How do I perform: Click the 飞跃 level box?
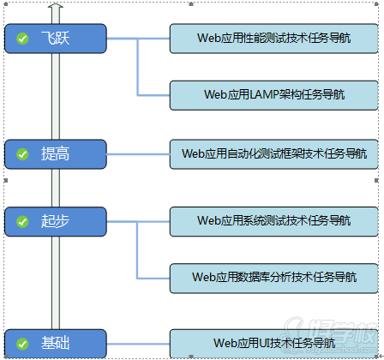click(56, 38)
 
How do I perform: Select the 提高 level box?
click(56, 154)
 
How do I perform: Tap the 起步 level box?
click(56, 221)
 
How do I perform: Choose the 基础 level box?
click(56, 343)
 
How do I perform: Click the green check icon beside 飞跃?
click(21, 38)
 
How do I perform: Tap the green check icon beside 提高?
click(21, 154)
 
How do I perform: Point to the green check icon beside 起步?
click(21, 221)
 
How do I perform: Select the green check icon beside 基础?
click(21, 344)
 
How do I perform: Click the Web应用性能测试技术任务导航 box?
click(273, 38)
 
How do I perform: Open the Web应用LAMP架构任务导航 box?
click(273, 94)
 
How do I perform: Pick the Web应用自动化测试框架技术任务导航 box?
click(273, 154)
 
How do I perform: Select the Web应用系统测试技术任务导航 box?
click(273, 221)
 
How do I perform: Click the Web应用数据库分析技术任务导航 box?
click(273, 277)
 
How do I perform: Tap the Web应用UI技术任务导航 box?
click(273, 343)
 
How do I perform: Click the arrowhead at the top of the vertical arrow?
click(56, 8)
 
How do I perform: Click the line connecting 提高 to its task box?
click(137, 154)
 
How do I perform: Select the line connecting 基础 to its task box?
click(137, 343)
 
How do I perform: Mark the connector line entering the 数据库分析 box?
click(154, 277)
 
